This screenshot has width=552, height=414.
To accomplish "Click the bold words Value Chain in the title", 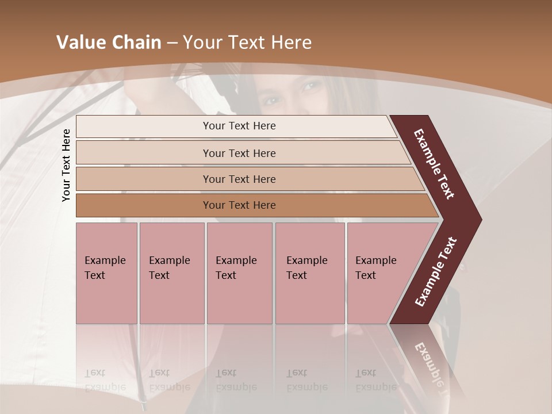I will [109, 43].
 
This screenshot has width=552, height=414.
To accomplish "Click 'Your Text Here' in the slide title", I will [247, 43].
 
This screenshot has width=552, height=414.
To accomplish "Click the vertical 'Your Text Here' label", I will [66, 165].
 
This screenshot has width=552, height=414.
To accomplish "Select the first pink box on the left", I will [106, 273].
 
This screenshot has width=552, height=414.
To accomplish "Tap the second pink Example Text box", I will [171, 273].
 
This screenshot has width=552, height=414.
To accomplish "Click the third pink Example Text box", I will [239, 273].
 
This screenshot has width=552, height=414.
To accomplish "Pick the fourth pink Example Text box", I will [309, 273].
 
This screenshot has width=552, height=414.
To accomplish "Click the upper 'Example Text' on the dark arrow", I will [434, 164].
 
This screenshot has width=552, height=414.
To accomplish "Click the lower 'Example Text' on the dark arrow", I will [435, 272].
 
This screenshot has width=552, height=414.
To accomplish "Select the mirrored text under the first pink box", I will [105, 380].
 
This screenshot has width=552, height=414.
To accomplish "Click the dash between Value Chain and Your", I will [172, 43].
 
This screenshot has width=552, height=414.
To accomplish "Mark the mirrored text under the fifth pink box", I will [375, 380].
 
